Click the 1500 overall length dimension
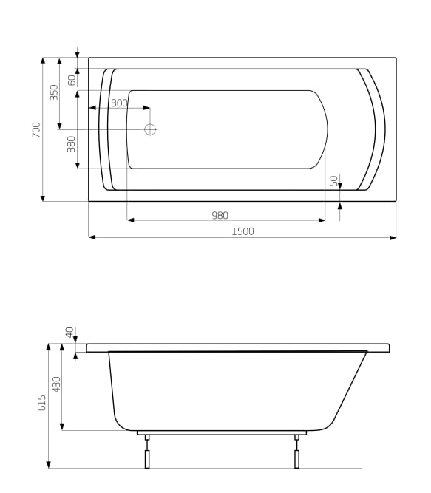click(x=242, y=231)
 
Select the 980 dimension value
click(x=220, y=215)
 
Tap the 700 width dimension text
click(x=36, y=129)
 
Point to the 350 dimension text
click(x=54, y=92)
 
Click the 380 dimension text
click(x=72, y=143)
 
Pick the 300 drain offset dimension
click(x=119, y=103)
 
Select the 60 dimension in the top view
click(x=72, y=80)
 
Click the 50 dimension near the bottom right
click(x=333, y=180)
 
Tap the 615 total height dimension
click(x=42, y=403)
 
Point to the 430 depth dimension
click(x=57, y=384)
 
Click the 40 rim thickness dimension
click(x=70, y=333)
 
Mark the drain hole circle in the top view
click(x=150, y=129)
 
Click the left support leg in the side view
click(x=147, y=455)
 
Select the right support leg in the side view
click(x=296, y=455)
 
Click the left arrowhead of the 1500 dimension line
click(x=92, y=237)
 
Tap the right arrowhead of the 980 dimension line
click(x=322, y=220)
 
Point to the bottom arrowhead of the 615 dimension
click(x=49, y=464)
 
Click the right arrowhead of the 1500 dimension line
click(x=393, y=237)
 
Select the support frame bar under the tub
click(x=222, y=432)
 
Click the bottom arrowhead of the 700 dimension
click(x=43, y=197)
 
